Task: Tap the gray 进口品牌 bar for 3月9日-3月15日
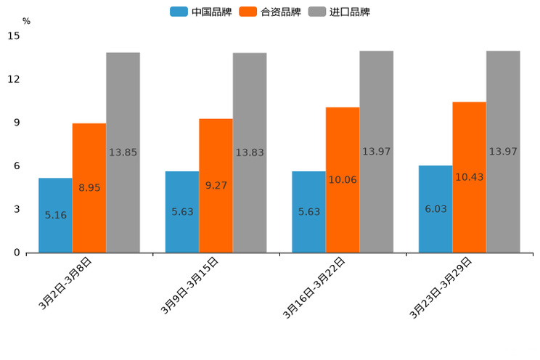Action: pyautogui.click(x=250, y=152)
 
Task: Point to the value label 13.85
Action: pyautogui.click(x=123, y=152)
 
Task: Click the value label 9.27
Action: pyautogui.click(x=216, y=185)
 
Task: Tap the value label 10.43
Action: pyautogui.click(x=470, y=177)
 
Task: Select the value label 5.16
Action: pyautogui.click(x=56, y=215)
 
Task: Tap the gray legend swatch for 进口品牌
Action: pyautogui.click(x=316, y=12)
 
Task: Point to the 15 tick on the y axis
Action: pyautogui.click(x=15, y=36)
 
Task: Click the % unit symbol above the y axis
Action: pyautogui.click(x=26, y=21)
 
